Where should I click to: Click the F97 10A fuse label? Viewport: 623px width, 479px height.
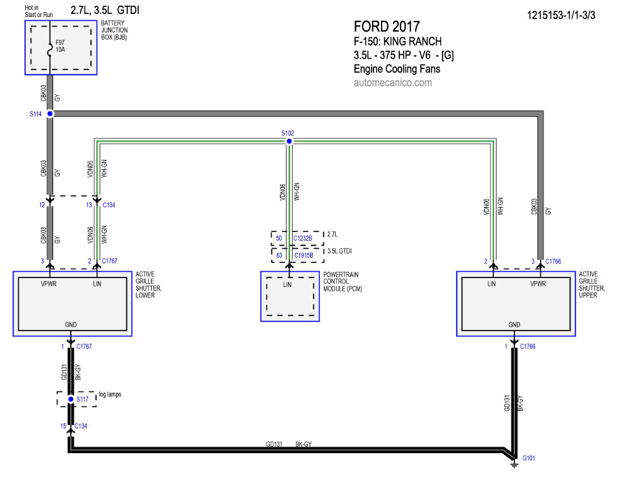point(61,45)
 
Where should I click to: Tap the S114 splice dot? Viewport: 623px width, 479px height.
point(50,114)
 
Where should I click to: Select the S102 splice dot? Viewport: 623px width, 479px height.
point(289,142)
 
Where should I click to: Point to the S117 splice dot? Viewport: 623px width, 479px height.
point(71,399)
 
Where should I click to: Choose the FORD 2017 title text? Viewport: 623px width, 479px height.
point(386,27)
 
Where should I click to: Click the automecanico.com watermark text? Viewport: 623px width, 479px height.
point(392,83)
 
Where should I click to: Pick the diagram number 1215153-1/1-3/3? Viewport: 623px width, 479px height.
point(560,14)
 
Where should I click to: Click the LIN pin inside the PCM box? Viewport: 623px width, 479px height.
point(288,285)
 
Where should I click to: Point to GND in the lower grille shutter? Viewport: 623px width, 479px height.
point(71,325)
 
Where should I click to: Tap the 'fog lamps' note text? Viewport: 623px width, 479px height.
point(109,394)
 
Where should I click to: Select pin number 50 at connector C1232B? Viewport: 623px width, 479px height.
point(279,238)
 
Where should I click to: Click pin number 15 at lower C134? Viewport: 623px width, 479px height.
point(63,426)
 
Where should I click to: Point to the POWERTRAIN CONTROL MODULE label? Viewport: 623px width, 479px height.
point(342,281)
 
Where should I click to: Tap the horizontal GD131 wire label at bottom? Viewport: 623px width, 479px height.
point(274,444)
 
